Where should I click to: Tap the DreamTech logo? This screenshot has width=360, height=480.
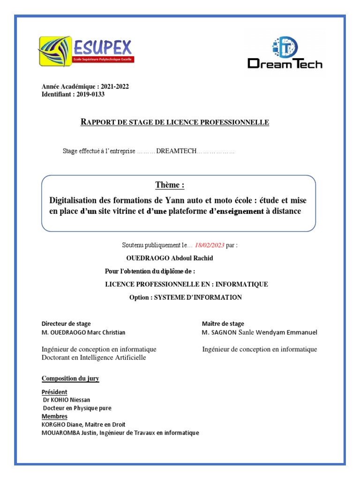click(285, 53)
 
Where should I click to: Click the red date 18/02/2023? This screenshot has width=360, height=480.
click(209, 245)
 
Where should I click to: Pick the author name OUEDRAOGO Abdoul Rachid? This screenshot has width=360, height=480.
click(170, 258)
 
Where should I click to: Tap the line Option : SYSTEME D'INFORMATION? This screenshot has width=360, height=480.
click(186, 298)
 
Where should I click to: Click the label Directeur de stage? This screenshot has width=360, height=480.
click(66, 324)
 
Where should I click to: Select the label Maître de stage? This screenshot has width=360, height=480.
click(223, 324)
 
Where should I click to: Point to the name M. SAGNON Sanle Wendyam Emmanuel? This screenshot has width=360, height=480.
click(259, 332)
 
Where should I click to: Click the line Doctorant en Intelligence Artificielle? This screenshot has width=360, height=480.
click(94, 358)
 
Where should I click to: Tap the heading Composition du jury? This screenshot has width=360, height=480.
click(70, 379)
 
